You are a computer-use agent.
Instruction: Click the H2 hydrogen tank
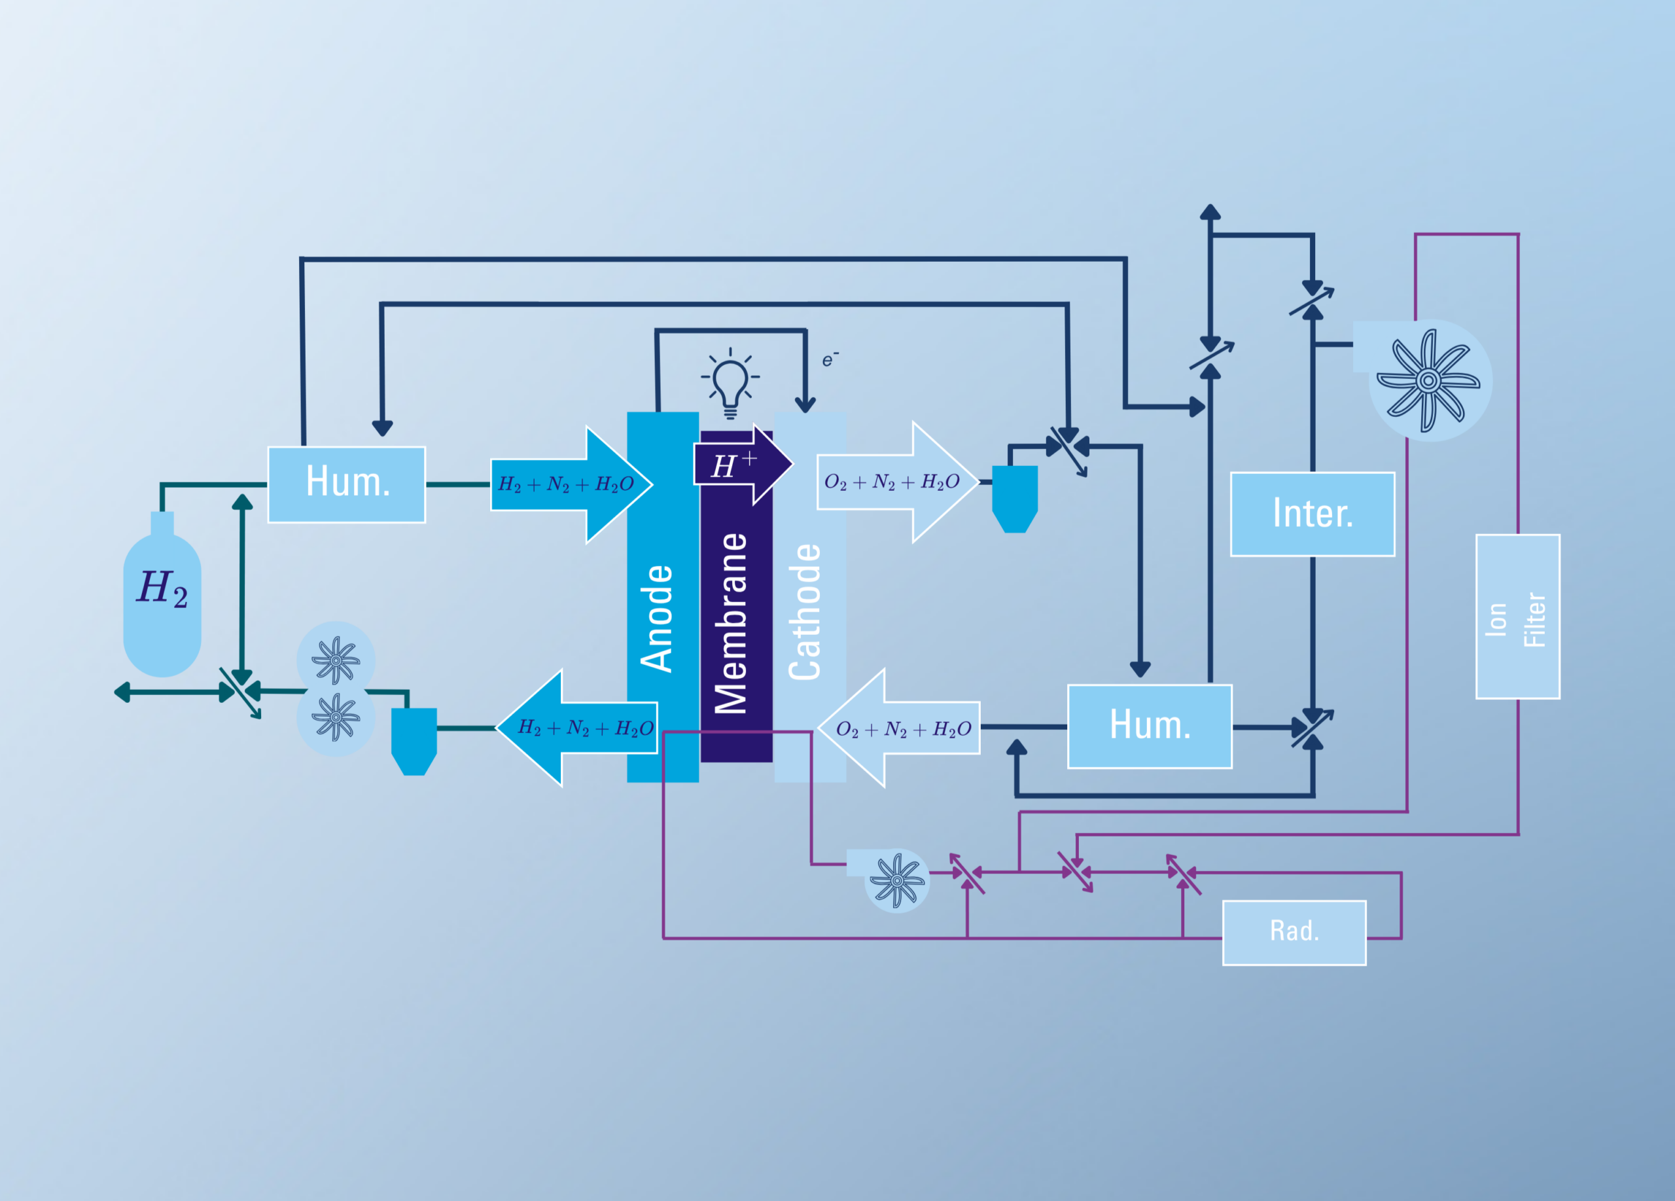(162, 594)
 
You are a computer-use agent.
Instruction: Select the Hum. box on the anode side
(346, 484)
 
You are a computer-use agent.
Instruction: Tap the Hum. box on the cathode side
(1149, 726)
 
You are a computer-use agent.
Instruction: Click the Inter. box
(1313, 514)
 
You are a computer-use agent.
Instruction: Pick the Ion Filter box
(1518, 616)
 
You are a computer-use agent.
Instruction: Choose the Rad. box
(1294, 932)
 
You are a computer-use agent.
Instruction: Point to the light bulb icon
(730, 384)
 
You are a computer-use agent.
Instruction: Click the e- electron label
(830, 359)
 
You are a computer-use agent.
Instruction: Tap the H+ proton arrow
(742, 465)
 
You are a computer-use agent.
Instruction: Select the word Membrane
(730, 622)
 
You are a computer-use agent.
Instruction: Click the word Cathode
(804, 611)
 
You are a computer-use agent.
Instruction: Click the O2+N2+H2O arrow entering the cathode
(899, 728)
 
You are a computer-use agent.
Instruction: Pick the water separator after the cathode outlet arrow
(1015, 499)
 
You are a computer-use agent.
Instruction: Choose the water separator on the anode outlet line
(414, 742)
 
